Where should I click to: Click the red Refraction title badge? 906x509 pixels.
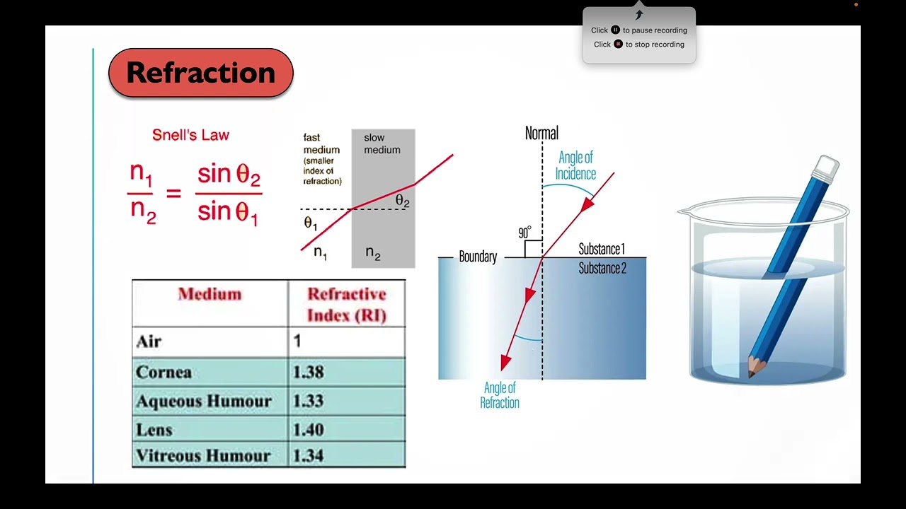click(x=200, y=73)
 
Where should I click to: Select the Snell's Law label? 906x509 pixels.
click(x=190, y=135)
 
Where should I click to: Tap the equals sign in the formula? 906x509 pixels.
click(x=173, y=193)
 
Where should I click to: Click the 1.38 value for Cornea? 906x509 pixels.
click(x=308, y=372)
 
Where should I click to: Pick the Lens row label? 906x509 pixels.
click(x=154, y=430)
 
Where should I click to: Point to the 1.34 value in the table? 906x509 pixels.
click(x=308, y=456)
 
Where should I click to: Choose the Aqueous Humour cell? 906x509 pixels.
click(x=204, y=401)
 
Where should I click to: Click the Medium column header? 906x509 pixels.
click(x=210, y=294)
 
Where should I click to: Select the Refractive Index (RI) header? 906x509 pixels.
click(x=347, y=304)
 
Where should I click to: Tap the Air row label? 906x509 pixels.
click(x=149, y=341)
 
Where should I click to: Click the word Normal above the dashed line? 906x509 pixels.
click(x=541, y=133)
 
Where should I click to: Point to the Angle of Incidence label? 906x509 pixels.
click(x=575, y=165)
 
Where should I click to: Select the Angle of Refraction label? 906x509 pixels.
click(x=500, y=395)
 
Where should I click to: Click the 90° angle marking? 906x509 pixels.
click(x=524, y=233)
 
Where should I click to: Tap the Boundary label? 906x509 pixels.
click(x=478, y=257)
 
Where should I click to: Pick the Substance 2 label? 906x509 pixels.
click(x=602, y=268)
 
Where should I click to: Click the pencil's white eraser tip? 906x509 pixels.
click(x=827, y=168)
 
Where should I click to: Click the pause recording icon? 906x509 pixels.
click(x=615, y=30)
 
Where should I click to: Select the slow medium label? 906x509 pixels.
click(x=382, y=144)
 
